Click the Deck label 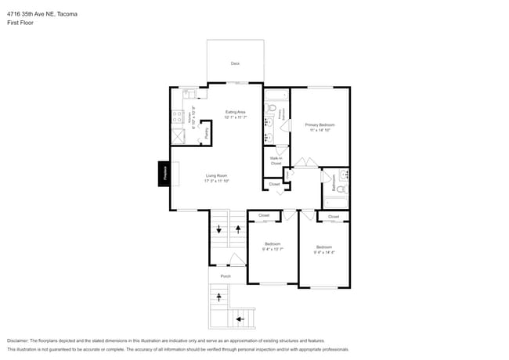click(235, 63)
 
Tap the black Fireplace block click(165, 174)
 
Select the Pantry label click(206, 134)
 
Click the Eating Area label click(236, 112)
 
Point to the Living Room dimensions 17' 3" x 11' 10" click(217, 181)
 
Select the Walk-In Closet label click(276, 160)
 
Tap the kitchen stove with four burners click(178, 118)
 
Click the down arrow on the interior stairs click(218, 230)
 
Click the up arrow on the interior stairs click(236, 230)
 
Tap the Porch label click(226, 276)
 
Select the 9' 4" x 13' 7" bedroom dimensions click(273, 249)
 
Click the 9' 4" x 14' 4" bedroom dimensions click(324, 252)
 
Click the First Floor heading click(20, 23)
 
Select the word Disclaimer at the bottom click(22, 341)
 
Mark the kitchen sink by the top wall click(190, 94)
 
